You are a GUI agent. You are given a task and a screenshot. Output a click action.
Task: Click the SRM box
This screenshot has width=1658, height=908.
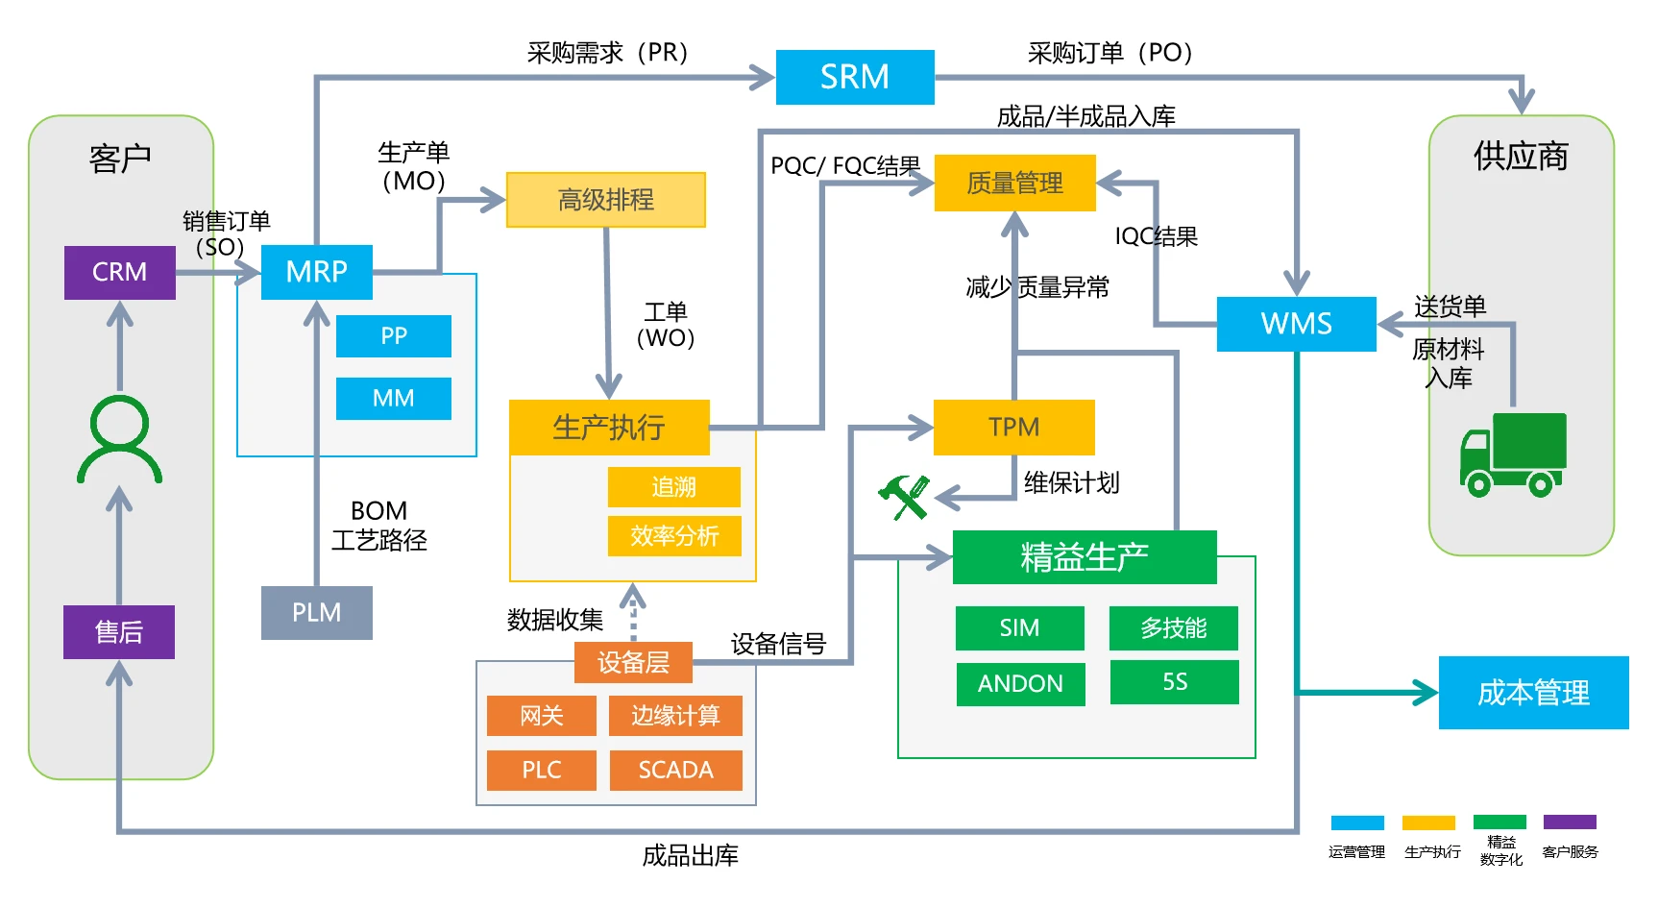click(854, 77)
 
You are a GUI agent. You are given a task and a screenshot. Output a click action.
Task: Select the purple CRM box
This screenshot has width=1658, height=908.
click(119, 272)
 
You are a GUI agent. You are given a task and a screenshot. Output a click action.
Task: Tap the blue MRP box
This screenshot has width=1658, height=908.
click(316, 272)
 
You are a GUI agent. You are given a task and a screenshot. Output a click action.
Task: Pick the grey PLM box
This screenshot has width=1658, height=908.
click(316, 612)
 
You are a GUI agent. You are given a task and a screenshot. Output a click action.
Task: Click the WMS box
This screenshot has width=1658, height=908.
click(1296, 324)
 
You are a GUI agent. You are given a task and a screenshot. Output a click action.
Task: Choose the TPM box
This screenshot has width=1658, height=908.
click(1013, 427)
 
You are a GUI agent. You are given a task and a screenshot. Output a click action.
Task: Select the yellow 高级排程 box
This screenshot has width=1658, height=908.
click(605, 200)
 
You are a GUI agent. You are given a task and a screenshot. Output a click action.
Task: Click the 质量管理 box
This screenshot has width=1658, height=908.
click(1014, 183)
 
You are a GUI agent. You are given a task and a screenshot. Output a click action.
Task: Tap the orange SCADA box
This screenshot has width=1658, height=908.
click(675, 770)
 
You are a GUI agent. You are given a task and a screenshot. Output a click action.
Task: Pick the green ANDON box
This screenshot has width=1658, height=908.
click(1020, 683)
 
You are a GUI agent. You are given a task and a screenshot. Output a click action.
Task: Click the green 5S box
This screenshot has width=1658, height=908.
click(1174, 682)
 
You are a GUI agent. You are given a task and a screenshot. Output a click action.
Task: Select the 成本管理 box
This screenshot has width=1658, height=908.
click(1533, 693)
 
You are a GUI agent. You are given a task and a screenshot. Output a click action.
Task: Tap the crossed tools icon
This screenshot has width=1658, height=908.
click(904, 497)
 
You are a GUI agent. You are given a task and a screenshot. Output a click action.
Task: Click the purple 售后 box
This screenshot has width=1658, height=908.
click(119, 631)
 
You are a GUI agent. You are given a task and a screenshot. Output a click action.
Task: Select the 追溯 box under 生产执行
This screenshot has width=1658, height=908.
click(673, 487)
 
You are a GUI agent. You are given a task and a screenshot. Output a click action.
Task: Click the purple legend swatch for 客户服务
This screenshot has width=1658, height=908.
click(1570, 822)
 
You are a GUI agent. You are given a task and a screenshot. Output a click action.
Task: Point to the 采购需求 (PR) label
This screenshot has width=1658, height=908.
click(607, 53)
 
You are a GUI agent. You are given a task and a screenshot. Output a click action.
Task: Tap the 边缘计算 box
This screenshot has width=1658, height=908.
click(675, 716)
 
